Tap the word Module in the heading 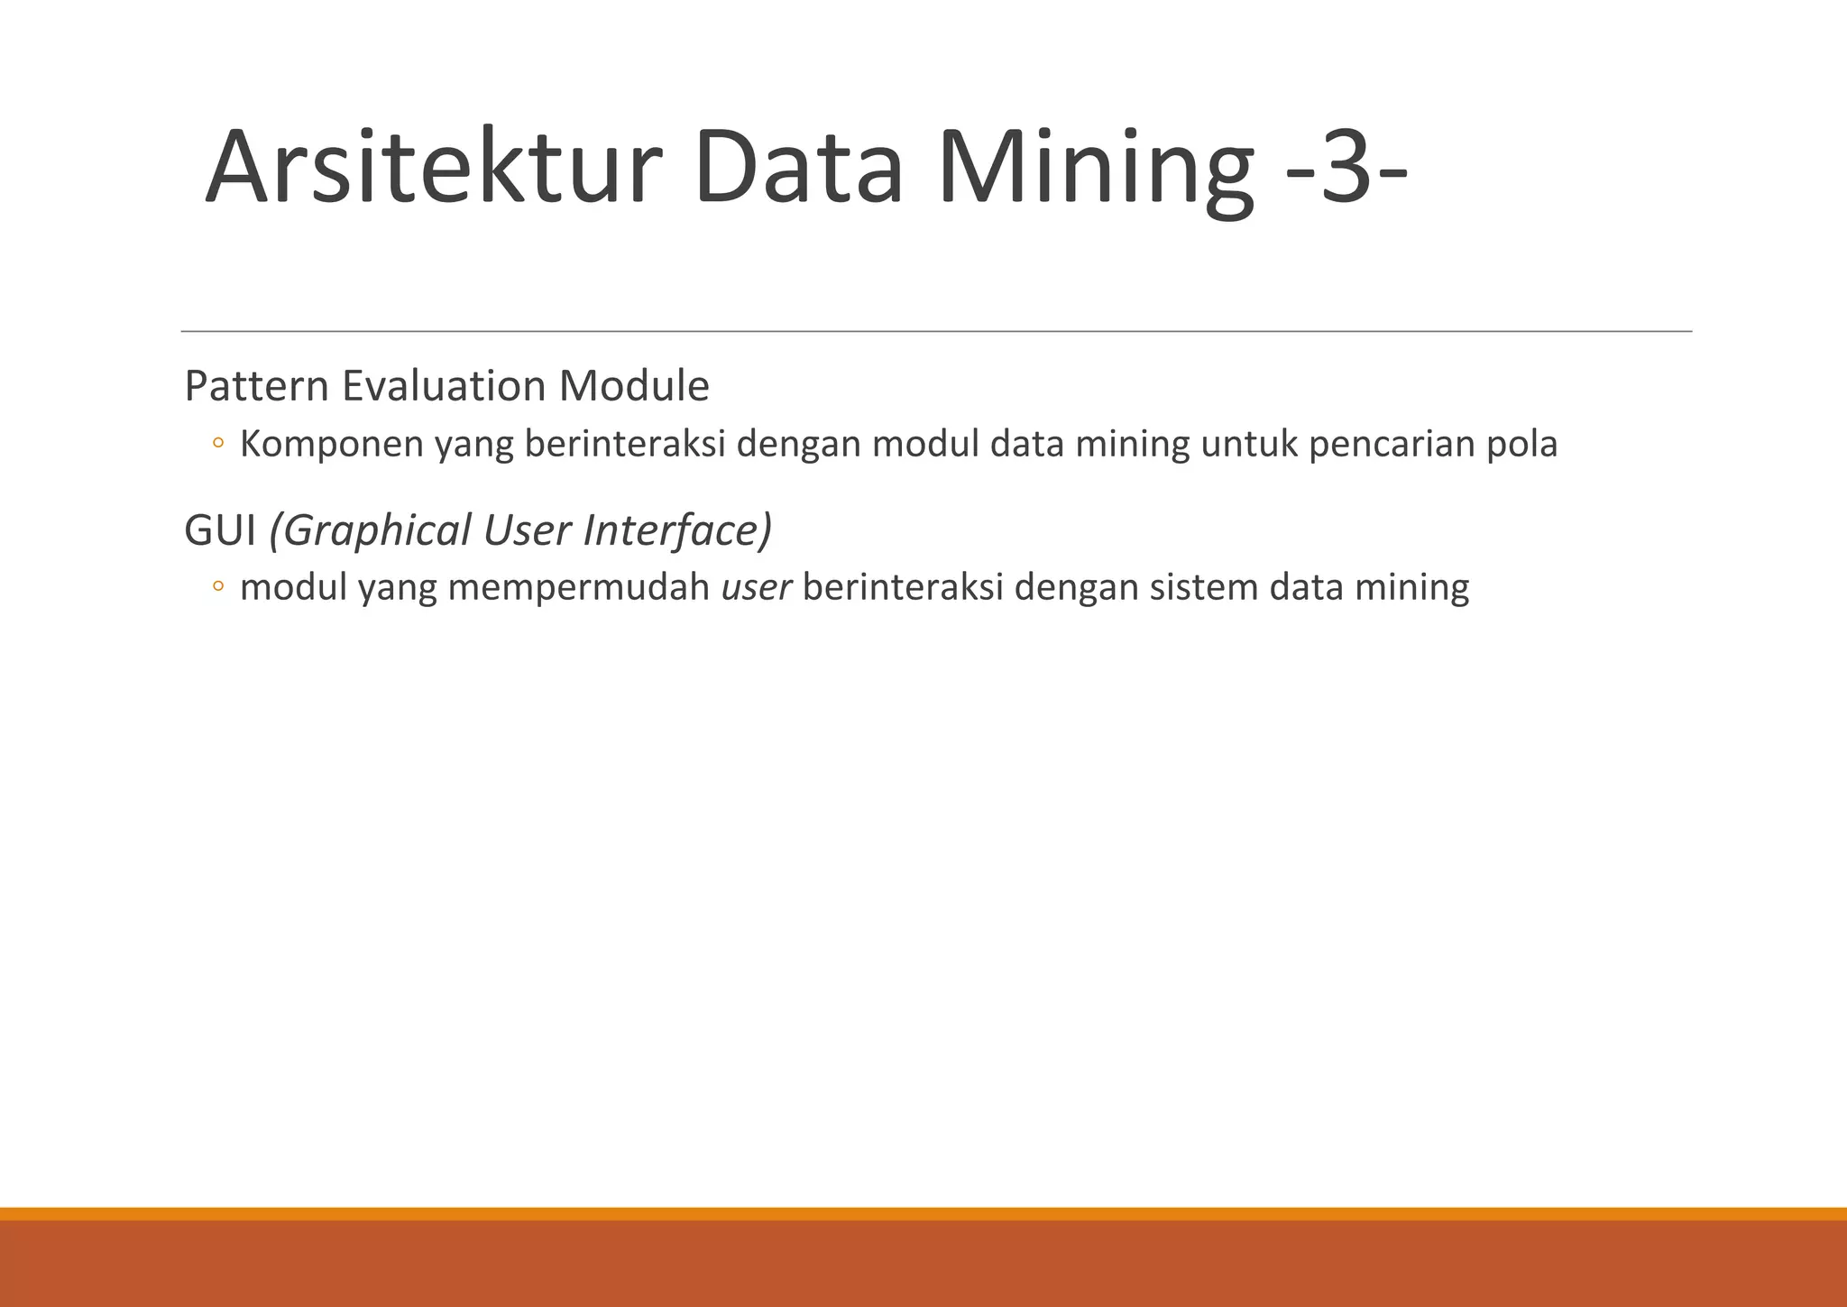click(634, 386)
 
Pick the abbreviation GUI click(220, 530)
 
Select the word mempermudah click(579, 588)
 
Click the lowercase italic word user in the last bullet click(757, 588)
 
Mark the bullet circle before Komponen click(217, 444)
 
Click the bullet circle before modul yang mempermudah click(217, 587)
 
